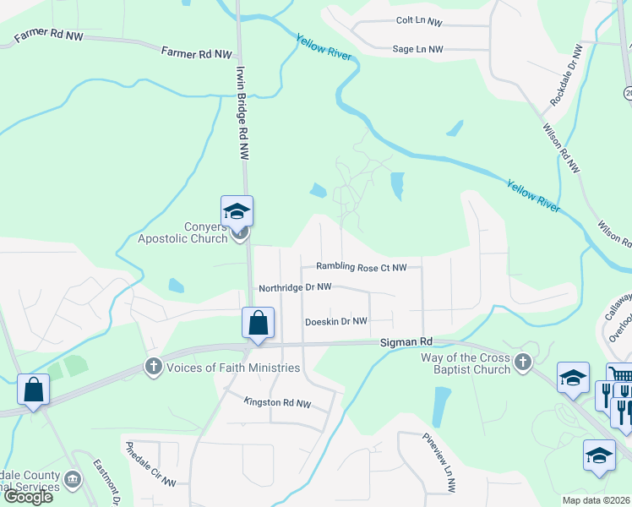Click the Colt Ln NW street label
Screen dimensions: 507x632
pyautogui.click(x=418, y=20)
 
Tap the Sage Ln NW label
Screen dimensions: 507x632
pyautogui.click(x=417, y=49)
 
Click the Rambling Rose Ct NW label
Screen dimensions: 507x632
pyautogui.click(x=362, y=268)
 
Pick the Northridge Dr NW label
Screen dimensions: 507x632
pyautogui.click(x=295, y=287)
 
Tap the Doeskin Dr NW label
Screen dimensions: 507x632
pyautogui.click(x=336, y=321)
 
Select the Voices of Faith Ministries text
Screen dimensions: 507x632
pyautogui.click(x=233, y=368)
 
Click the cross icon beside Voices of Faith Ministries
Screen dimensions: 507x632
pyautogui.click(x=153, y=367)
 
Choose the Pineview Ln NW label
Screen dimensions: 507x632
pyautogui.click(x=439, y=462)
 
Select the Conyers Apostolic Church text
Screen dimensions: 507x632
pyautogui.click(x=183, y=232)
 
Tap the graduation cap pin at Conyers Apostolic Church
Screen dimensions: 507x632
pyautogui.click(x=237, y=211)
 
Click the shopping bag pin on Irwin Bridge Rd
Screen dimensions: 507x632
pyautogui.click(x=258, y=323)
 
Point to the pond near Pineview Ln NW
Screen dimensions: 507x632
pyautogui.click(x=440, y=406)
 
